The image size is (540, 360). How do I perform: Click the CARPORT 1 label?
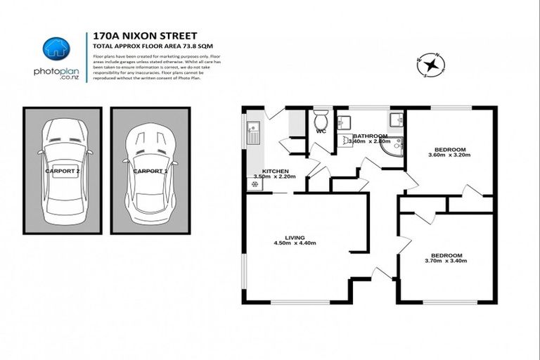[x=150, y=171]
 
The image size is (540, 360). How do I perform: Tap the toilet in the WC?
[x=321, y=117]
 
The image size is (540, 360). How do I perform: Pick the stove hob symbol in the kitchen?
[x=254, y=184]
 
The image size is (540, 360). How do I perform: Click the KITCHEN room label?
[x=276, y=171]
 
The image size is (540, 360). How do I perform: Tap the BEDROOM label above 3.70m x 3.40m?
[x=446, y=255]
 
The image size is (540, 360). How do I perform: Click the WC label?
[x=321, y=131]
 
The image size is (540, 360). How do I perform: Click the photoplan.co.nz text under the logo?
[x=56, y=74]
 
